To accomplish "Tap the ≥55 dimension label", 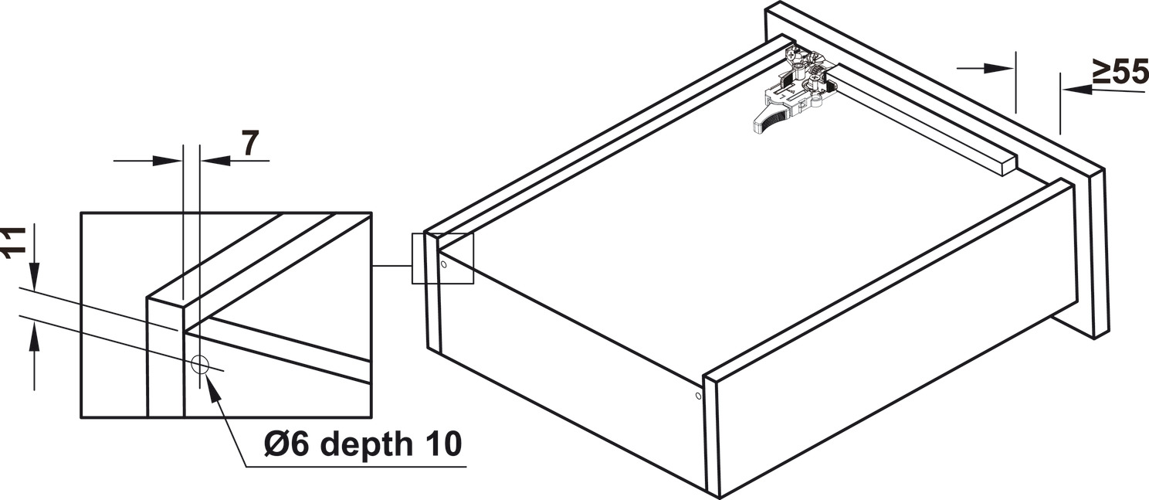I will click(x=1120, y=73).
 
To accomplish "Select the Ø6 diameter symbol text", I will click(x=285, y=445).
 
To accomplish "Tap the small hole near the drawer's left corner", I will click(x=443, y=264).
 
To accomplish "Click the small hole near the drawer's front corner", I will click(x=698, y=396).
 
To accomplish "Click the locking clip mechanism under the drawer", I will click(x=795, y=85).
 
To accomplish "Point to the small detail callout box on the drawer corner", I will click(x=442, y=258).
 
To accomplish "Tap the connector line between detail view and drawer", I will click(x=391, y=266).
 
